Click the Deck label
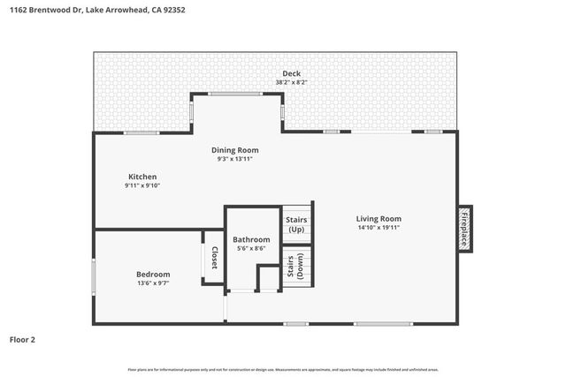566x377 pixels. tap(291, 73)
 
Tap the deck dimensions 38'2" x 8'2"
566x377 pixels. tap(291, 82)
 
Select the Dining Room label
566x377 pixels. tap(234, 150)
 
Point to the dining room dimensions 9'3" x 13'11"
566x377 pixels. tap(234, 159)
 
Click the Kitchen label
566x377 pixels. tap(142, 177)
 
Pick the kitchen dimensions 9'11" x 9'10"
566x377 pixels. tap(142, 185)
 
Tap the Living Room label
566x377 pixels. tap(379, 219)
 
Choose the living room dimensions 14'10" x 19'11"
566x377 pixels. tap(379, 228)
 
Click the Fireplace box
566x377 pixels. tap(464, 229)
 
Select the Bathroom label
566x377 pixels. tap(251, 239)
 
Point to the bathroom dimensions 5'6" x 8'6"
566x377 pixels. tap(251, 248)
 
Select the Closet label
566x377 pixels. tap(213, 257)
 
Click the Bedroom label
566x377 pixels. tap(153, 275)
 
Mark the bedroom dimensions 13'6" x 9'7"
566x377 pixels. tap(153, 283)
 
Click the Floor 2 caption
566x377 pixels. tap(22, 339)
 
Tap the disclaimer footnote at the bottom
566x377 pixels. tap(283, 369)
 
